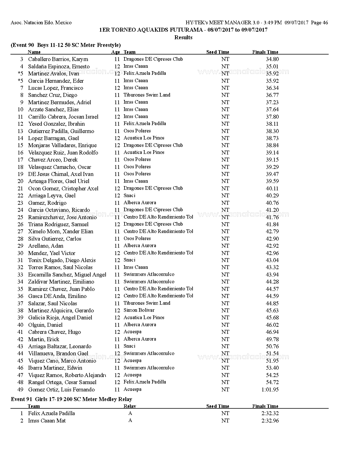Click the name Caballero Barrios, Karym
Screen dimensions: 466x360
[x=58, y=59]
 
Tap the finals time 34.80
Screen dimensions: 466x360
[x=272, y=59]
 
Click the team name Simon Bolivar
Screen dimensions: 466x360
[x=139, y=310]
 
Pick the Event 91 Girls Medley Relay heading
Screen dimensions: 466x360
[x=71, y=399]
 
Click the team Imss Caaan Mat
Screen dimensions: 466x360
[x=47, y=421]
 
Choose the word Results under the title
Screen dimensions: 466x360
[x=183, y=37]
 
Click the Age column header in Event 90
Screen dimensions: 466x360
[x=115, y=52]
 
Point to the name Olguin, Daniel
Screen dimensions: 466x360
[x=45, y=325]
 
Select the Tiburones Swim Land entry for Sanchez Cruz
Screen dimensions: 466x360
[x=147, y=95]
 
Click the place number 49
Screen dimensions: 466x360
[x=20, y=389]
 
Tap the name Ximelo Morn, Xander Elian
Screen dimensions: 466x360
[x=60, y=231]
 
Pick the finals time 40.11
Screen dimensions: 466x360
[x=272, y=188]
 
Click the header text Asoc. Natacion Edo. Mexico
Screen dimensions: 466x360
[x=41, y=23]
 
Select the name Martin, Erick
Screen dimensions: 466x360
[x=43, y=339]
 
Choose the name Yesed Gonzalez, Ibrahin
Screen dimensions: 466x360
[x=56, y=124]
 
